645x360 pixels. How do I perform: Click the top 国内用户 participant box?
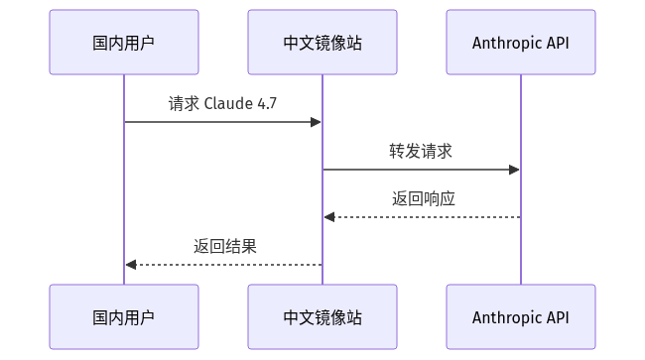[x=124, y=43]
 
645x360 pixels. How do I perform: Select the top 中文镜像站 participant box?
[x=322, y=43]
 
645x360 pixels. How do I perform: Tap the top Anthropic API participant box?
[x=521, y=43]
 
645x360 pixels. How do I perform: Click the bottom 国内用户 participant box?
[x=124, y=316]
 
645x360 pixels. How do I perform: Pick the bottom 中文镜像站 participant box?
[x=322, y=316]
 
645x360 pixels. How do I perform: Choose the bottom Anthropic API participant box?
[x=521, y=316]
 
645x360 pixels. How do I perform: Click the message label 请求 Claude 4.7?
[x=222, y=103]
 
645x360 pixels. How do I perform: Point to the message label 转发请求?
[x=421, y=151]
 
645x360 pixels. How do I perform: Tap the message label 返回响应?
[x=424, y=199]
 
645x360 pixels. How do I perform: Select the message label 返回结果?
[x=225, y=247]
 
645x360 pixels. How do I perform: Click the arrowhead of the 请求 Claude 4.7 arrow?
[x=317, y=122]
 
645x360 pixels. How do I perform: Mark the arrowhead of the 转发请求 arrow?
[x=515, y=170]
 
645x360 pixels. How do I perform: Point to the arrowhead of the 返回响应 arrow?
[x=329, y=217]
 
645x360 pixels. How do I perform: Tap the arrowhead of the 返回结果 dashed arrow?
[x=131, y=265]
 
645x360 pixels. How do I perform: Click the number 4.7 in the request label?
[x=267, y=103]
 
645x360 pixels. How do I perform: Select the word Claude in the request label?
[x=228, y=103]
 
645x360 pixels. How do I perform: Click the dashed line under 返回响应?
[x=423, y=217]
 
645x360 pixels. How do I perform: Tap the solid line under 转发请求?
[x=421, y=170]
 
